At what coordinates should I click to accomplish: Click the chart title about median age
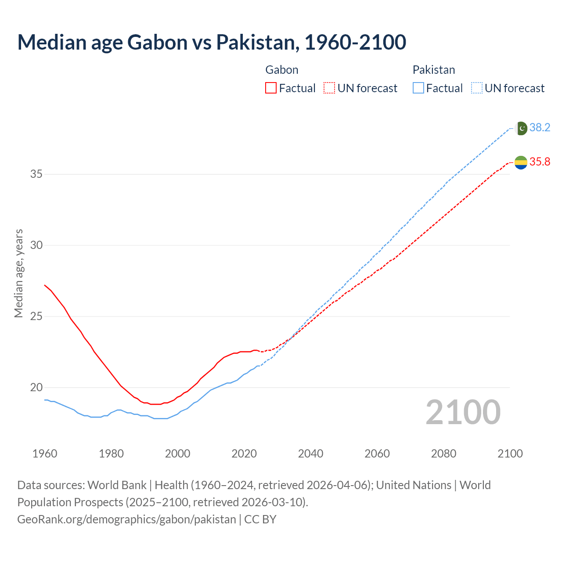pos(212,42)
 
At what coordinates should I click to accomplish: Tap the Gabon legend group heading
pos(282,70)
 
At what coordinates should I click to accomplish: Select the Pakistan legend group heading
pos(433,70)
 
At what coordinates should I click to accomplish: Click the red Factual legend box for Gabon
pos(271,88)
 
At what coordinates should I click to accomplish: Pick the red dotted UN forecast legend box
pos(329,88)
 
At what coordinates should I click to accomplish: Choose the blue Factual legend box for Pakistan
pos(418,88)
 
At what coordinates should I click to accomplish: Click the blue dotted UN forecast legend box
pos(477,88)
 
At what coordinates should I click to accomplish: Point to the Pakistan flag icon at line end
pos(521,128)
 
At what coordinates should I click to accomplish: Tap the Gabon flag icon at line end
pos(521,162)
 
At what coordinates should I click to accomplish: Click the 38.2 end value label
pos(540,128)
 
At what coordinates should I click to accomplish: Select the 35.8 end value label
pos(540,162)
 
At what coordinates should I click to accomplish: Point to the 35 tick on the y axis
pos(36,174)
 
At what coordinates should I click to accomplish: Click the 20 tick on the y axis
pos(36,388)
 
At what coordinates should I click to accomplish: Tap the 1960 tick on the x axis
pos(45,454)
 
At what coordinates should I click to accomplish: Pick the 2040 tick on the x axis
pos(310,454)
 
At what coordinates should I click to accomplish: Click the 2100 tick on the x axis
pos(510,454)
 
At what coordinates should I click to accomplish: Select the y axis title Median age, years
pos(18,273)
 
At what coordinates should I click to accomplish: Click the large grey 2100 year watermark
pos(463,412)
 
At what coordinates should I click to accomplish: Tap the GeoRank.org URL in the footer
pos(126,519)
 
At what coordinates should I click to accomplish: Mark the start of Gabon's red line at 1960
pos(45,285)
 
